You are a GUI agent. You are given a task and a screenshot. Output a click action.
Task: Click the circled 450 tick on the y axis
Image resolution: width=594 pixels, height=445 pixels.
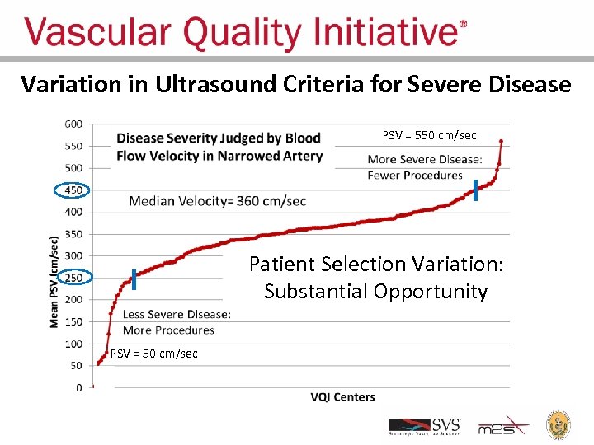[73, 190]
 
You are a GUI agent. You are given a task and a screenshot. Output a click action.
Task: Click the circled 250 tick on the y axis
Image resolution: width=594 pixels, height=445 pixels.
[73, 278]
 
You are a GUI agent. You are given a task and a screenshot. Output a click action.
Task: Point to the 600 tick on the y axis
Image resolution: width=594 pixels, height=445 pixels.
[73, 124]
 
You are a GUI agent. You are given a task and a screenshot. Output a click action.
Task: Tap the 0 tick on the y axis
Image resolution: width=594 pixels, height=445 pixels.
[78, 387]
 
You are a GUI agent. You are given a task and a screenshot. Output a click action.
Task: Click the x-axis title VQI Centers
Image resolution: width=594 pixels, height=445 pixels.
[342, 397]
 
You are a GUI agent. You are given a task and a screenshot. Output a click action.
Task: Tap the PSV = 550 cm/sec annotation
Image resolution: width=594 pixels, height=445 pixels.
[429, 135]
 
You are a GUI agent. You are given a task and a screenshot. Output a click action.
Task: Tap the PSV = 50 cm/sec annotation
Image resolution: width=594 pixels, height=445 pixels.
[153, 354]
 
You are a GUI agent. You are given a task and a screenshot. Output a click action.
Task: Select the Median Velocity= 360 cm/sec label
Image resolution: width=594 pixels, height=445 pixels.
[217, 201]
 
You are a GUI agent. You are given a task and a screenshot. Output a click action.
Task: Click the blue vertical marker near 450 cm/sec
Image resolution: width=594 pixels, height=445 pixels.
[475, 190]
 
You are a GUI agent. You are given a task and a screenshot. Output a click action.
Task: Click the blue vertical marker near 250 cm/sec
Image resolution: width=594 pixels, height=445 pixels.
[134, 279]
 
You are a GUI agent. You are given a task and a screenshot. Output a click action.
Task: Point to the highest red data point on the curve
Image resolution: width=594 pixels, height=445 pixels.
[501, 141]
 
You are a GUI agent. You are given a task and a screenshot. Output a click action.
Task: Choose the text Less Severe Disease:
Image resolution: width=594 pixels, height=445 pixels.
[177, 314]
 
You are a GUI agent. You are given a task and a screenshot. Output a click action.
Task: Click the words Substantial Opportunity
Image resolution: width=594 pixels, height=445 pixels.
[376, 292]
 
